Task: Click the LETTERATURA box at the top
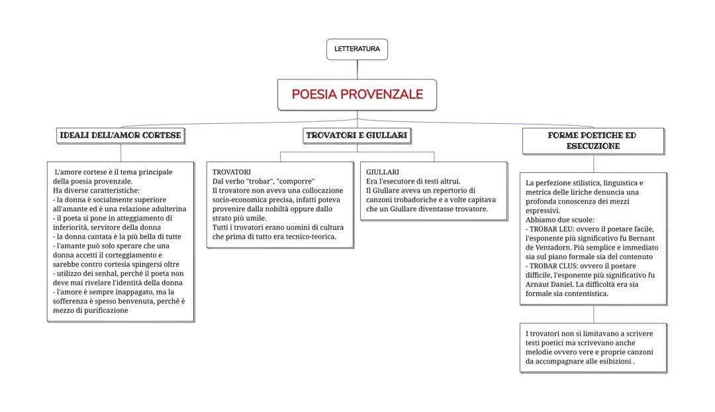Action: click(x=357, y=49)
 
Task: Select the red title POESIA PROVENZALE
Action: click(x=357, y=95)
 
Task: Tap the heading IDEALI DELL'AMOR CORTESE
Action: click(x=120, y=136)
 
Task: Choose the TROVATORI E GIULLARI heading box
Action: click(x=357, y=136)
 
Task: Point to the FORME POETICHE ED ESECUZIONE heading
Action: click(x=593, y=140)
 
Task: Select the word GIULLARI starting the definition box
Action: click(x=383, y=172)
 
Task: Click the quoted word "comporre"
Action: click(x=295, y=181)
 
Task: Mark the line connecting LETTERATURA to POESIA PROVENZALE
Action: click(x=358, y=70)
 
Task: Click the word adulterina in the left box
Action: click(x=166, y=209)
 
